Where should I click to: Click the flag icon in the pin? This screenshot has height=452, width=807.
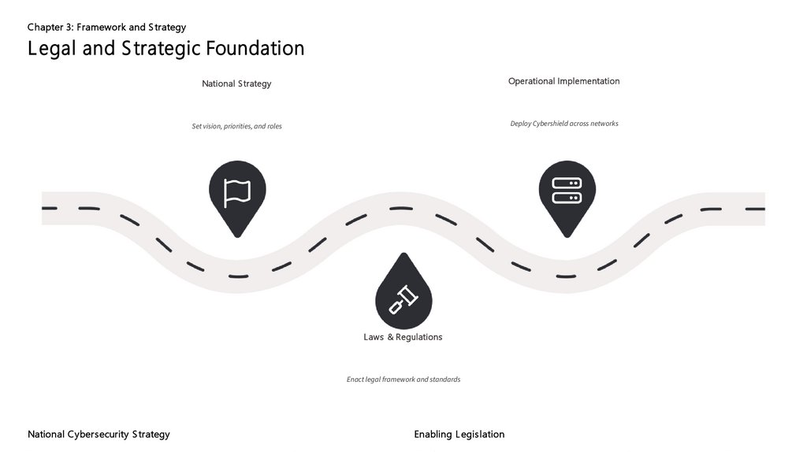[237, 192]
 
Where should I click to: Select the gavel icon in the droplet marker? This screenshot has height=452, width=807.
[404, 298]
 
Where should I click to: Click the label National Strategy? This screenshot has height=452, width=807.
[236, 83]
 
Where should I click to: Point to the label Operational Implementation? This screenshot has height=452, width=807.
[563, 81]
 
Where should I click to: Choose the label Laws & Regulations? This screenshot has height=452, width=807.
[403, 337]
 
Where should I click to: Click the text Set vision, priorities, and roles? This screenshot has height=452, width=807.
[236, 126]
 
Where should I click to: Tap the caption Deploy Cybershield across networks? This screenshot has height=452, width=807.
[563, 124]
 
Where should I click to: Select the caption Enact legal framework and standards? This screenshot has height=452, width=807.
[403, 380]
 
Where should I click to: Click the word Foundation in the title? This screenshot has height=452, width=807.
[255, 48]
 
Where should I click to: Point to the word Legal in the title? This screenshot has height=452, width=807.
[52, 48]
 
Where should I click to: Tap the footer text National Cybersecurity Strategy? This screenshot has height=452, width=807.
[99, 434]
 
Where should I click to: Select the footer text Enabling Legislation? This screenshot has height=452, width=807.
[459, 434]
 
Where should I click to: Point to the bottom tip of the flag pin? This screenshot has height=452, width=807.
[237, 236]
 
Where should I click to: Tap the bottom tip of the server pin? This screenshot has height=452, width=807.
[567, 236]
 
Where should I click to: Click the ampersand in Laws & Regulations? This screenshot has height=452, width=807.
[390, 337]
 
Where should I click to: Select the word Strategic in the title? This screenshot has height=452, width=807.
[162, 48]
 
